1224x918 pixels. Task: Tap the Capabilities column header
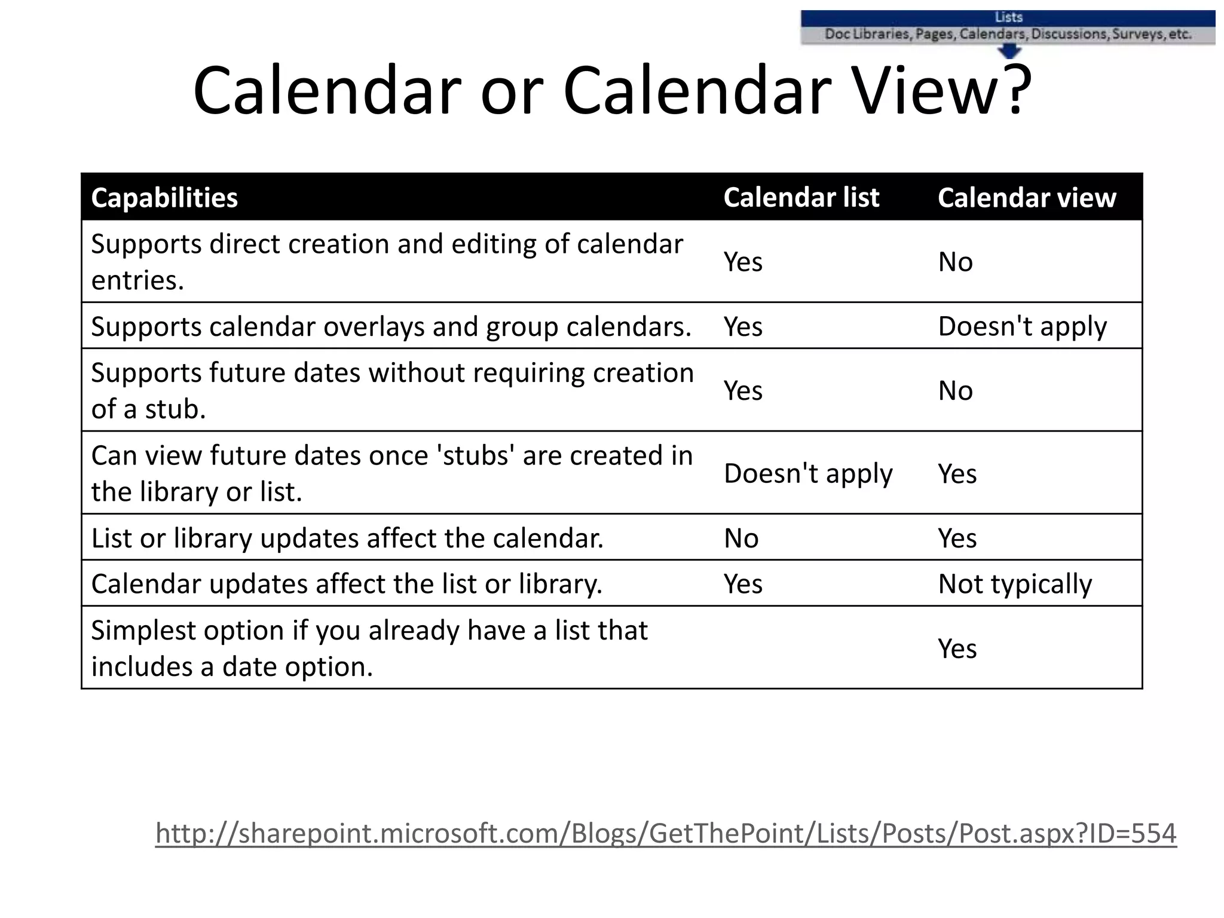[164, 198]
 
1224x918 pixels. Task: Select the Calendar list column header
[801, 198]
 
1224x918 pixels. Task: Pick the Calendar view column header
[1026, 198]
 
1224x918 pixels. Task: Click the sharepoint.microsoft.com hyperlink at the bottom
[666, 833]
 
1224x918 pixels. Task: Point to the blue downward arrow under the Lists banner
[1009, 52]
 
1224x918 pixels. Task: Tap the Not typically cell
[1015, 584]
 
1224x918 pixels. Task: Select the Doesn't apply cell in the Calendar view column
[1022, 326]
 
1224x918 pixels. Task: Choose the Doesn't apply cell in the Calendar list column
[808, 473]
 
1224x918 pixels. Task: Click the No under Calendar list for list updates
[741, 538]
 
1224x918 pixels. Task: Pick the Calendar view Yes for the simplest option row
[957, 648]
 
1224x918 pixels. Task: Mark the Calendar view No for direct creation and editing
[955, 262]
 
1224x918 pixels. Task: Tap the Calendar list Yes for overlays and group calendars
[743, 326]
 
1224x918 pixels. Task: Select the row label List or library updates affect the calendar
[347, 538]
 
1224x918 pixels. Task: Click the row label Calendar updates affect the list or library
[347, 584]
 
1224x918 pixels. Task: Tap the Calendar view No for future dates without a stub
[955, 391]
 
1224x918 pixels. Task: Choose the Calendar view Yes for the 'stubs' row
[957, 473]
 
